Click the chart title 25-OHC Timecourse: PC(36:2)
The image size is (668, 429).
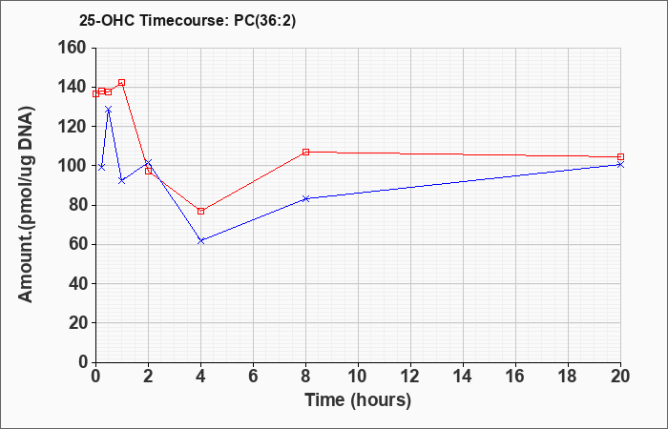[x=187, y=21]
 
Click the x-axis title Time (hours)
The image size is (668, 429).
[x=358, y=400]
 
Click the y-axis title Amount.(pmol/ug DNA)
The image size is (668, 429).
[x=27, y=204]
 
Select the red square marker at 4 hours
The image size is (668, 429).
[x=201, y=211]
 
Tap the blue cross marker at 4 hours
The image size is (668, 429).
[x=201, y=241]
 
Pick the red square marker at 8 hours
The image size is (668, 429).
[x=306, y=152]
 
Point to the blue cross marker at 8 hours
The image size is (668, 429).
[x=306, y=198]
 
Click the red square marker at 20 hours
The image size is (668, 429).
[x=620, y=157]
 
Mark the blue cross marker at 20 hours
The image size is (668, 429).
[x=620, y=164]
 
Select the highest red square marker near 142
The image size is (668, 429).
[x=122, y=83]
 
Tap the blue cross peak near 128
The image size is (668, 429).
[x=108, y=110]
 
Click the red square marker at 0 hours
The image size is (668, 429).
[x=95, y=94]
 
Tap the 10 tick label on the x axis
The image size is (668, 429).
[x=358, y=377]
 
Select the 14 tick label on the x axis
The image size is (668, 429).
[x=463, y=377]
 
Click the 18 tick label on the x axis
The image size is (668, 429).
[x=569, y=377]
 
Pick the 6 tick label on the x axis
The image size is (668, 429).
[x=253, y=377]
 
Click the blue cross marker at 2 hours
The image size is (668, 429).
[x=148, y=163]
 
